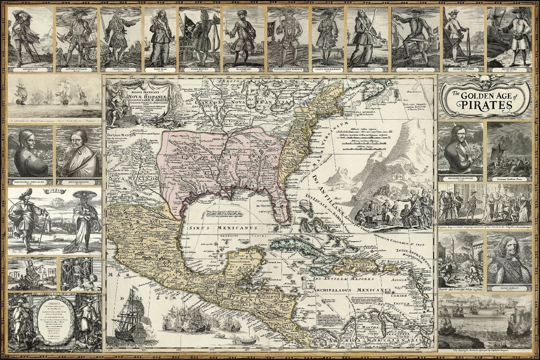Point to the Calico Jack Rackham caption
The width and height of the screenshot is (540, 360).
click(x=327, y=69)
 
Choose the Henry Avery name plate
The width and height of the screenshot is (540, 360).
click(x=509, y=69)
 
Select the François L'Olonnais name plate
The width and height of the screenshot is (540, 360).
click(x=460, y=178)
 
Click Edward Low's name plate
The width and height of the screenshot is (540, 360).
click(x=30, y=69)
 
